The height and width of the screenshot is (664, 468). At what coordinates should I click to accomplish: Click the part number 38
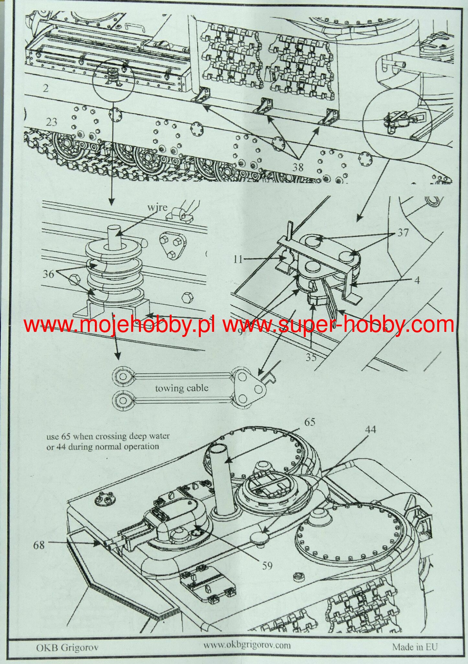point(298,167)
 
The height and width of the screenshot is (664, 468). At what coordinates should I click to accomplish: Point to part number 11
point(238,259)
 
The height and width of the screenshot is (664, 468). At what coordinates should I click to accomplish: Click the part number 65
point(309,422)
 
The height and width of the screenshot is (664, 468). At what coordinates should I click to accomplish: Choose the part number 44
point(370,429)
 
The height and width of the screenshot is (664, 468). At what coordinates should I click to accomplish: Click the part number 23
point(51,122)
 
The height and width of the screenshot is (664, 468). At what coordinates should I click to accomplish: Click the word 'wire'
point(157,207)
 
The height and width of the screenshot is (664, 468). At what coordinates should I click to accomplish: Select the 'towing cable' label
point(182,388)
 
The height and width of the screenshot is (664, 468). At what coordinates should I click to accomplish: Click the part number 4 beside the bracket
point(417,280)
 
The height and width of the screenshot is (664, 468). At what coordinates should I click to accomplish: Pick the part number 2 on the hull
point(45,88)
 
